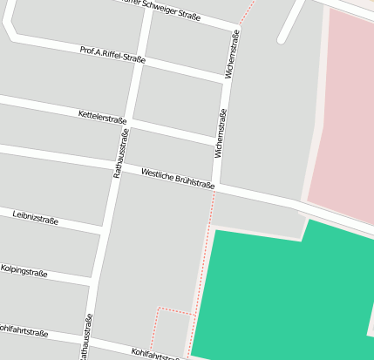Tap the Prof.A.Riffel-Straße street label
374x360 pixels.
tap(112, 55)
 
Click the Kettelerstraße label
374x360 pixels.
tap(102, 117)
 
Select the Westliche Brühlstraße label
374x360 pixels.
tap(177, 178)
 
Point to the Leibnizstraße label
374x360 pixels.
tap(36, 217)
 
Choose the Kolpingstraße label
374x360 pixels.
tap(24, 271)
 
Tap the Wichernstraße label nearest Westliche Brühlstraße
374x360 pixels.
tap(221, 133)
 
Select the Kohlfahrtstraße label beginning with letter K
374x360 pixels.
tap(155, 354)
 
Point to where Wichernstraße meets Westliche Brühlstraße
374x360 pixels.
tap(215, 186)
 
